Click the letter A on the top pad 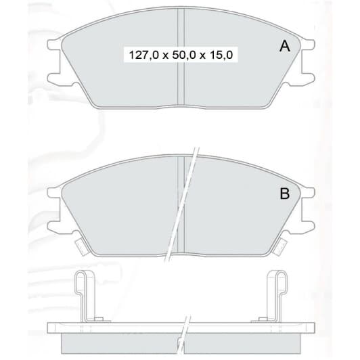[285, 46]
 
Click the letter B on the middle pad [285, 194]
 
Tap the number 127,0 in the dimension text [144, 55]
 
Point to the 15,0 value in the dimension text [221, 55]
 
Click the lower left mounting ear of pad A [54, 78]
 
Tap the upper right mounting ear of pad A [308, 45]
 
